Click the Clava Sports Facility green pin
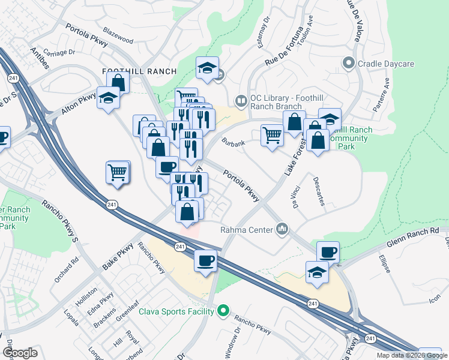coord(224,311)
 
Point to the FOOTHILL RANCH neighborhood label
coord(139,71)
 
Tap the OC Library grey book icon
coord(241,100)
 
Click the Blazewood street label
coord(118,40)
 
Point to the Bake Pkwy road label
coord(118,256)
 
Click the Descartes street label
coord(318,191)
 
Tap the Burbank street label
coord(234,143)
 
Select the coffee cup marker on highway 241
coord(206,260)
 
